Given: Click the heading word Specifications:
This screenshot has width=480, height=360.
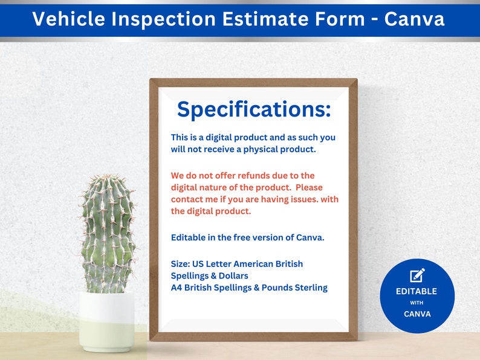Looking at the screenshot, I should (254, 110).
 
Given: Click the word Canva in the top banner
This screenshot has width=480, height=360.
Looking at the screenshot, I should (414, 19).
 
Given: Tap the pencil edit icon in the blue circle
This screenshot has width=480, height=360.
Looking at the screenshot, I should (417, 275).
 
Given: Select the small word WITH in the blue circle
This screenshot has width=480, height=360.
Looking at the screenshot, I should (417, 303).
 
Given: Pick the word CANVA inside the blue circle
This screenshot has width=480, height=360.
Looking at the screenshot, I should (417, 314).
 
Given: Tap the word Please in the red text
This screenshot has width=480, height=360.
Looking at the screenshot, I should (310, 187).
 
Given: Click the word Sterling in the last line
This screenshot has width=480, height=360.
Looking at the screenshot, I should (308, 288).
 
